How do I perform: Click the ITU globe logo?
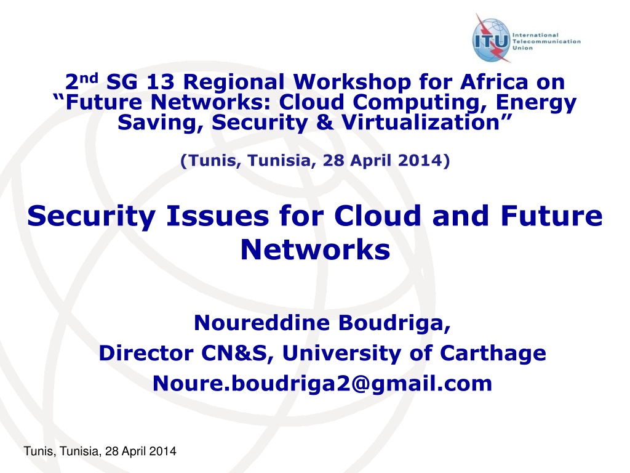(492, 39)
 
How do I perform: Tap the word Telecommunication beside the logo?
(546, 41)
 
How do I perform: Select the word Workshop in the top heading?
(352, 83)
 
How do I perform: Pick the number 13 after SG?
(160, 82)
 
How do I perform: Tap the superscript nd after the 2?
(89, 78)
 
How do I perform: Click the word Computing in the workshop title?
(419, 103)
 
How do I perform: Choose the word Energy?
(536, 103)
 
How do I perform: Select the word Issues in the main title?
(217, 216)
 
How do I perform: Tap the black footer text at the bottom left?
(100, 451)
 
